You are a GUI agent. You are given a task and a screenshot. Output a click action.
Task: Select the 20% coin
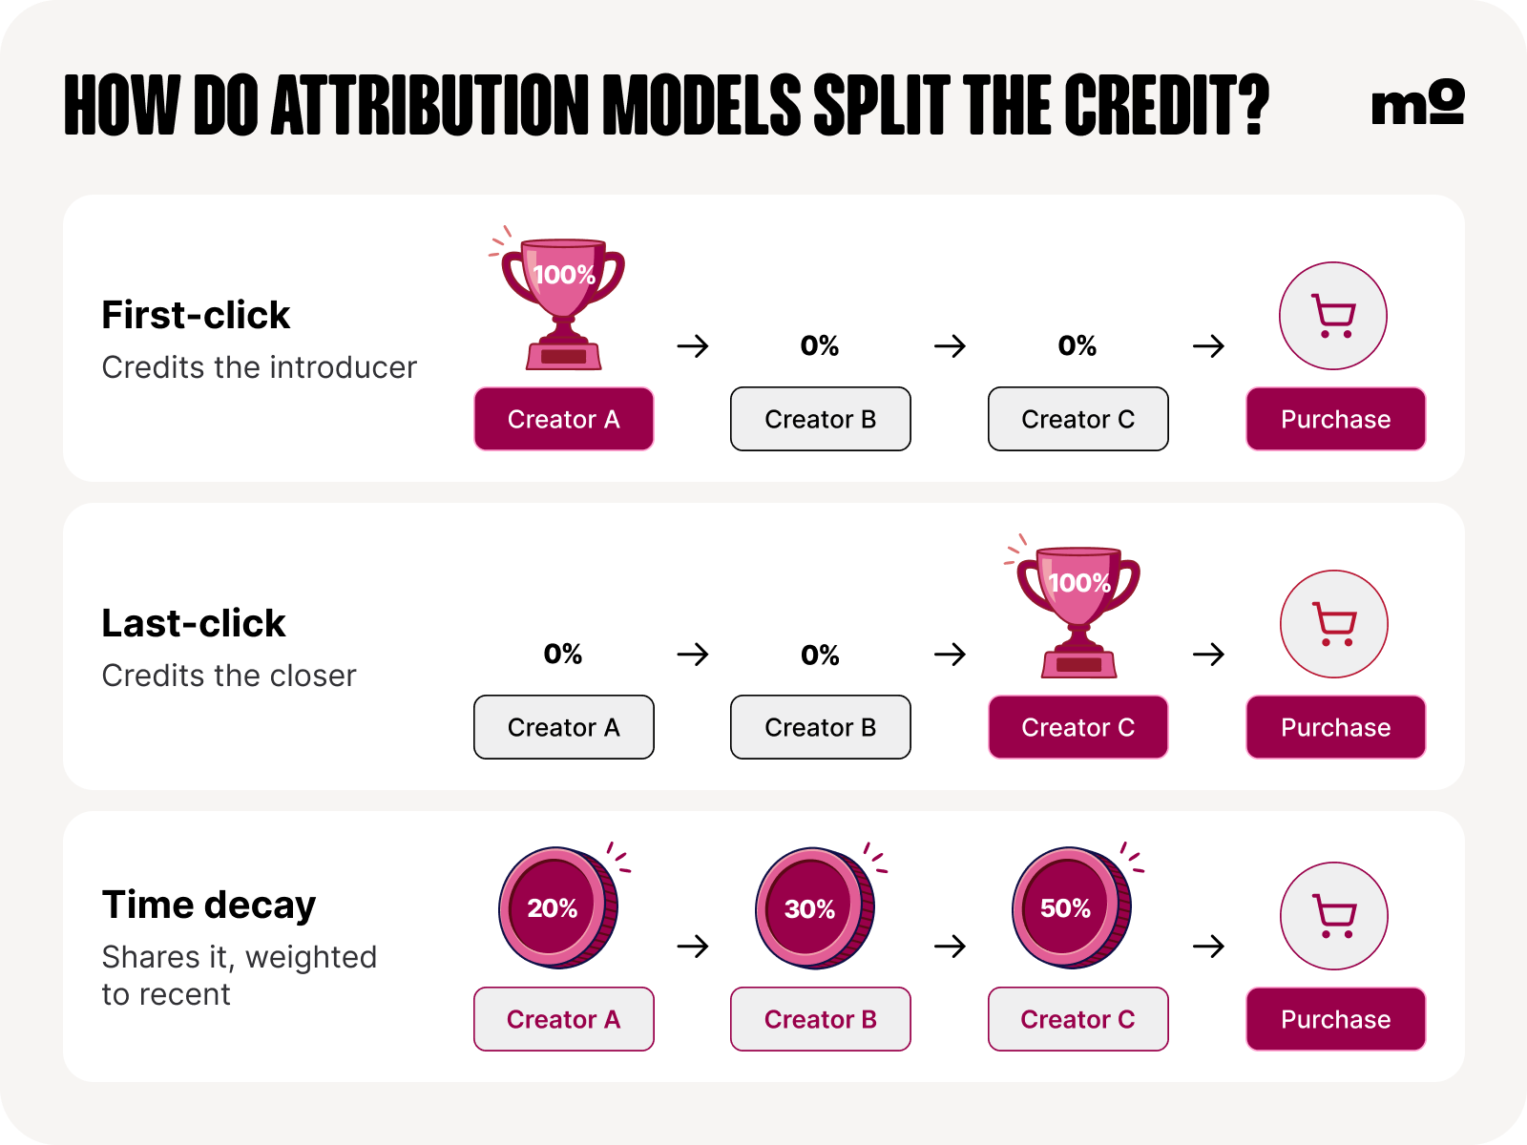coord(558,907)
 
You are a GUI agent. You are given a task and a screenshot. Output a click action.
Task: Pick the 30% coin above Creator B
coord(815,907)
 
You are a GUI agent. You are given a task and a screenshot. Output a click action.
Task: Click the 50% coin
coord(1072,907)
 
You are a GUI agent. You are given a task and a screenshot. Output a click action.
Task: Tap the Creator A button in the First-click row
coord(563,419)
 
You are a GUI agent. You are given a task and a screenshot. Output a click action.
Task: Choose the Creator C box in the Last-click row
coord(1078,727)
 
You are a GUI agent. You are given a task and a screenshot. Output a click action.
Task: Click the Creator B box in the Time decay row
coord(820,1019)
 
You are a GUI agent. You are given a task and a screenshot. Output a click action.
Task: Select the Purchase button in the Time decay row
coord(1336,1019)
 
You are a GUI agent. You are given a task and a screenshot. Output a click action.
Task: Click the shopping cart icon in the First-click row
coord(1333,316)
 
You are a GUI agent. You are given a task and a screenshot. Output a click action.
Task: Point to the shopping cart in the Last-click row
coord(1333,624)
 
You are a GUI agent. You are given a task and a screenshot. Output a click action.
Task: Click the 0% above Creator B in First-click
coord(820,345)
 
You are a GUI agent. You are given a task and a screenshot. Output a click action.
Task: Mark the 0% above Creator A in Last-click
coord(563,654)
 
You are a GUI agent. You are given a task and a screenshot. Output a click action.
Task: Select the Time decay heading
coord(209,906)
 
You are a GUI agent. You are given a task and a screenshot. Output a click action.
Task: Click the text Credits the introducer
coord(259,367)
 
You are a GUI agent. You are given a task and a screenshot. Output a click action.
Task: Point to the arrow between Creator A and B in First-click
coord(693,345)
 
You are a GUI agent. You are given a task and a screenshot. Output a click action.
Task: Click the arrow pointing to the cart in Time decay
coord(1208,946)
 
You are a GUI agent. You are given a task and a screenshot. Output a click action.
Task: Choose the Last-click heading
coord(194,623)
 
